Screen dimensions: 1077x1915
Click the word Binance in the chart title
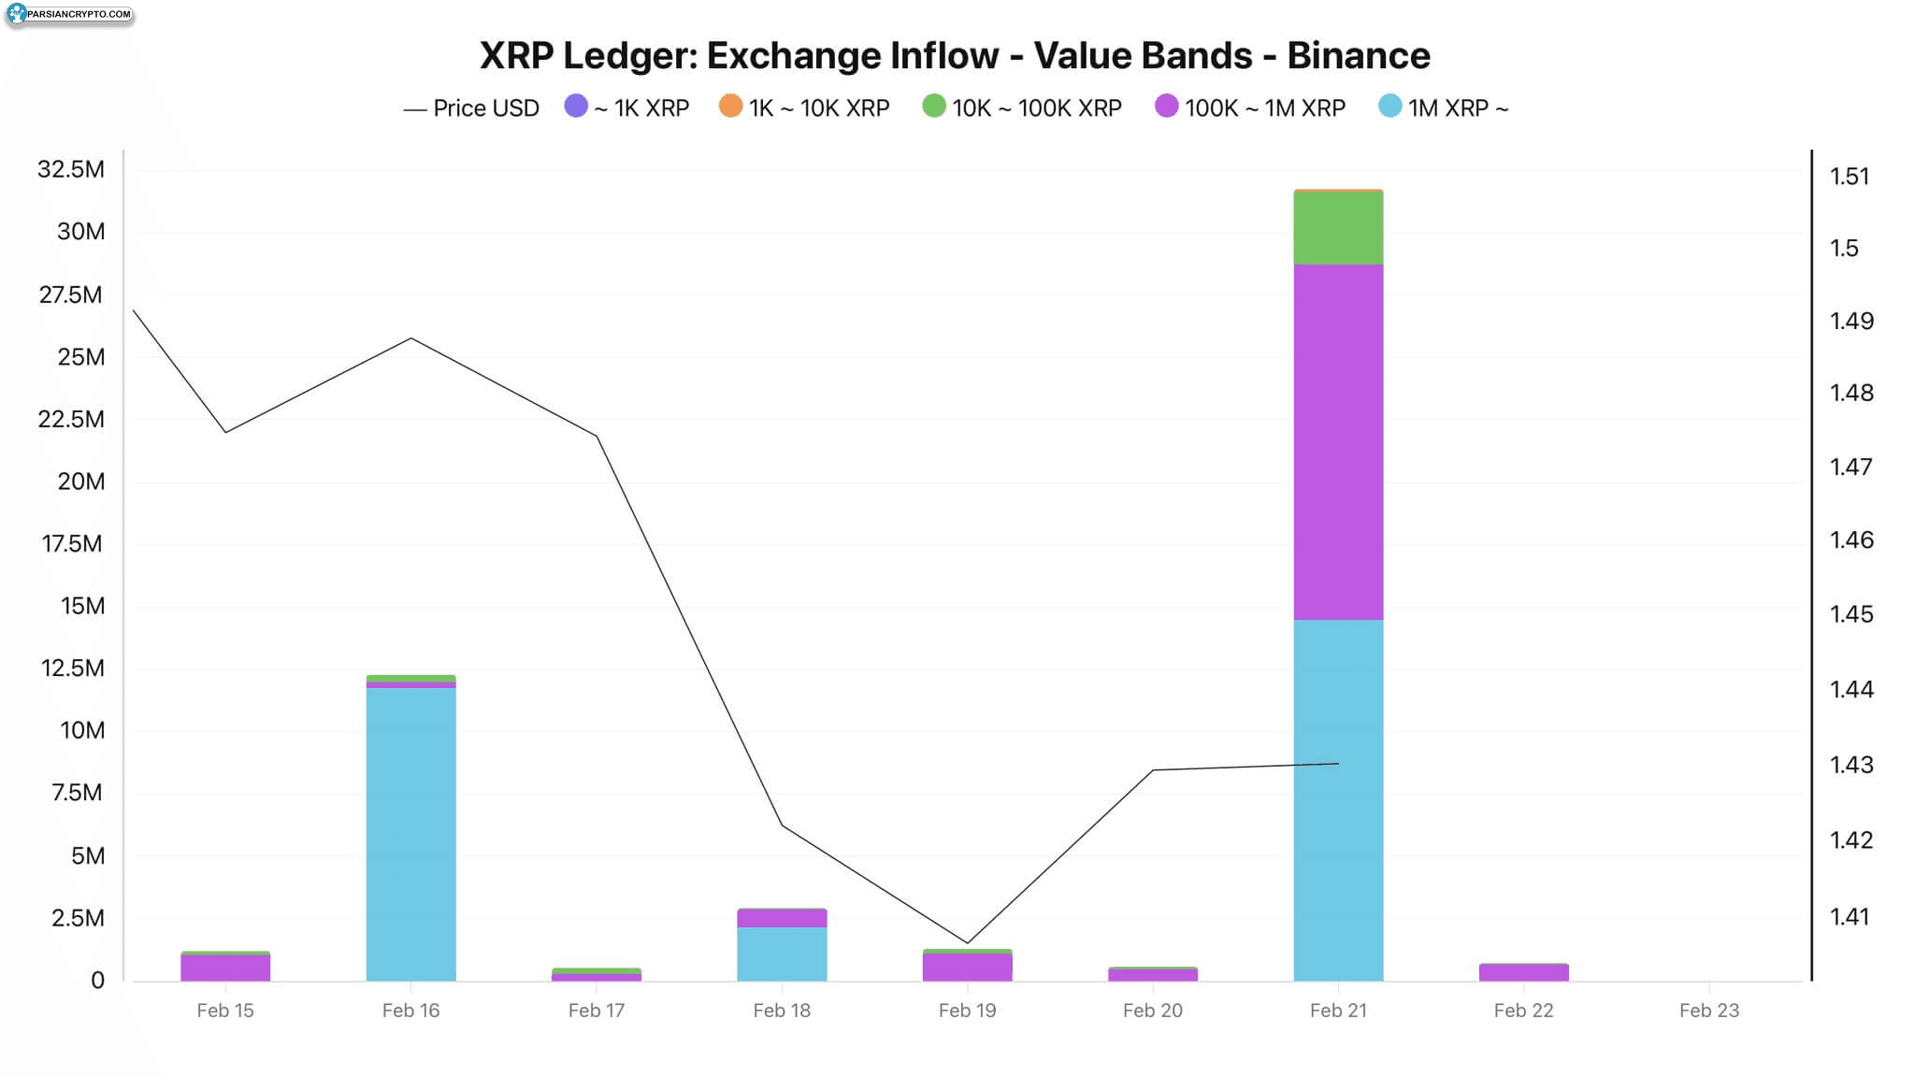pyautogui.click(x=1358, y=56)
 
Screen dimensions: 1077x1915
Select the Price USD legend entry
pyautogui.click(x=471, y=108)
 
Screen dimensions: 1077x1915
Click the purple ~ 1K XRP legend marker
pyautogui.click(x=576, y=107)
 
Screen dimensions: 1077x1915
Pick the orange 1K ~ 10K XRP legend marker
pyautogui.click(x=730, y=107)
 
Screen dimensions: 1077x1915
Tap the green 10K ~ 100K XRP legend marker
pyautogui.click(x=933, y=107)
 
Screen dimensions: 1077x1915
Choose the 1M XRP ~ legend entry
pyautogui.click(x=1444, y=108)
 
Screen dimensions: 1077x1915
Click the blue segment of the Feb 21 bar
pyautogui.click(x=1338, y=799)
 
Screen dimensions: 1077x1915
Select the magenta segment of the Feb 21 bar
pyautogui.click(x=1338, y=441)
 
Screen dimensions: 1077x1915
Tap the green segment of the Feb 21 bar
pyautogui.click(x=1338, y=227)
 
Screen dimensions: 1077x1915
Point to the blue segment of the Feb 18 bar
pyautogui.click(x=782, y=954)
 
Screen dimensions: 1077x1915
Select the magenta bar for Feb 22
pyautogui.click(x=1523, y=972)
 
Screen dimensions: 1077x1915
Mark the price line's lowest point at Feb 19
pyautogui.click(x=967, y=943)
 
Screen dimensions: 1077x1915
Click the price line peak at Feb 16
pyautogui.click(x=410, y=337)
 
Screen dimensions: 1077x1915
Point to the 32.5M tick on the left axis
pyautogui.click(x=71, y=169)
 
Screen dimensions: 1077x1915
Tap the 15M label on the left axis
pyautogui.click(x=82, y=606)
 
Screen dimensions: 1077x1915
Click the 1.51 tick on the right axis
pyautogui.click(x=1850, y=177)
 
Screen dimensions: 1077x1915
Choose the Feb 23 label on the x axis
pyautogui.click(x=1708, y=1011)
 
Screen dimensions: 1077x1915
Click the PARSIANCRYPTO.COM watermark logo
pyautogui.click(x=69, y=14)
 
